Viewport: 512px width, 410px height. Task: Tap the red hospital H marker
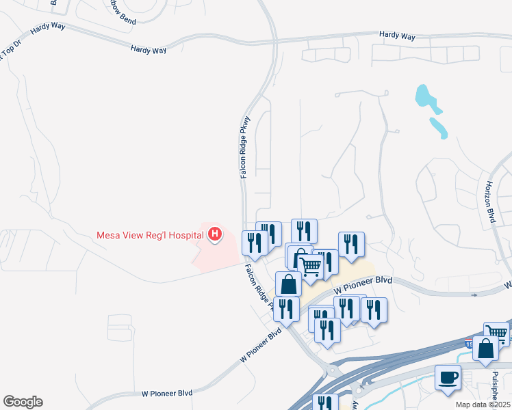215,235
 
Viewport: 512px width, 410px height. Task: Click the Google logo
23,402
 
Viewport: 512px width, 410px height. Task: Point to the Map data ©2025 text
483,405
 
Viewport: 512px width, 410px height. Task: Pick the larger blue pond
425,98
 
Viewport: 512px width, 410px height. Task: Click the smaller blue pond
438,127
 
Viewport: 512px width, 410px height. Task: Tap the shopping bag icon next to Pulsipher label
485,348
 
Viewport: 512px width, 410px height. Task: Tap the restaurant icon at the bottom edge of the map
325,403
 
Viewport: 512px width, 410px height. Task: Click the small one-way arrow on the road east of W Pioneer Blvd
475,295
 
